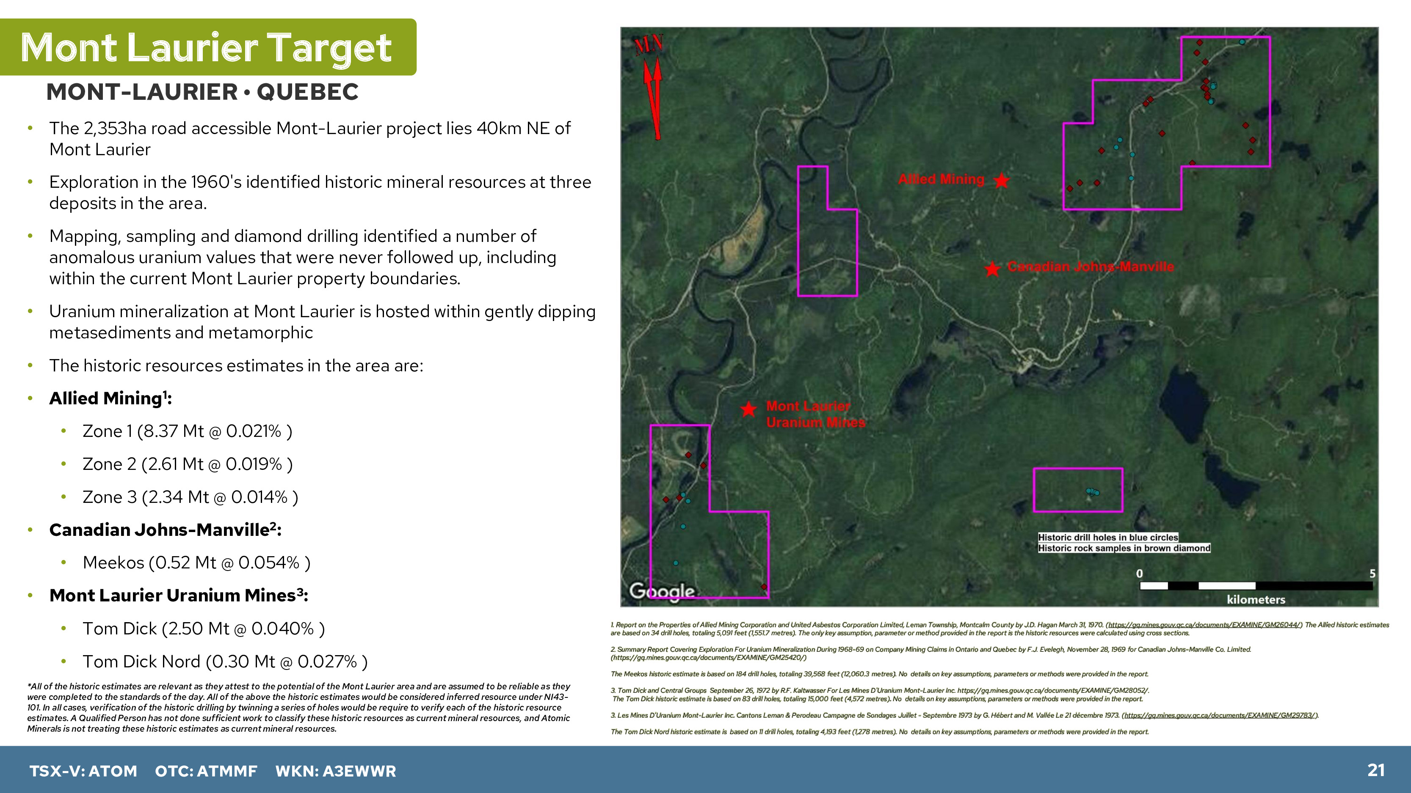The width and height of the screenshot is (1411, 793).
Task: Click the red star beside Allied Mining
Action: point(1001,180)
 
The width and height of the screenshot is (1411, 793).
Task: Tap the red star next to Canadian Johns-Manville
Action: point(992,269)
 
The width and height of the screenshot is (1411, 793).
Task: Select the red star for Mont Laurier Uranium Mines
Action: point(748,409)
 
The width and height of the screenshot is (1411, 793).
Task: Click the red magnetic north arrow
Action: point(653,99)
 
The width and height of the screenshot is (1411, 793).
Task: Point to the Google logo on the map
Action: point(662,591)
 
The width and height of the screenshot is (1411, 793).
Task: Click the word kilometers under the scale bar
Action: point(1256,599)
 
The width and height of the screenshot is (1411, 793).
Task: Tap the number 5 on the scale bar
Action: point(1372,573)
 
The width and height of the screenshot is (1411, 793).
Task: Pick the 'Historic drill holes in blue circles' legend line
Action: point(1108,538)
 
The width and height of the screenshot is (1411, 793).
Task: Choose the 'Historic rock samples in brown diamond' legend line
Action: point(1124,548)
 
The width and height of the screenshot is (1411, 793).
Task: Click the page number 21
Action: point(1376,770)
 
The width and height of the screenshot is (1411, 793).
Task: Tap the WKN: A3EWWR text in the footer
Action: point(335,771)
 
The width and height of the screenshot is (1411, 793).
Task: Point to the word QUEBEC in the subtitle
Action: point(307,92)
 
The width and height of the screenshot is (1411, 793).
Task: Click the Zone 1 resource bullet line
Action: point(188,431)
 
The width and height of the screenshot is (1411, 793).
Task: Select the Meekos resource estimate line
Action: point(196,563)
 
